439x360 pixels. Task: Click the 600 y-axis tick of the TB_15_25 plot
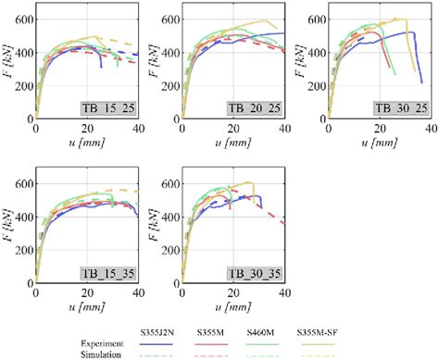click(22, 19)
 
